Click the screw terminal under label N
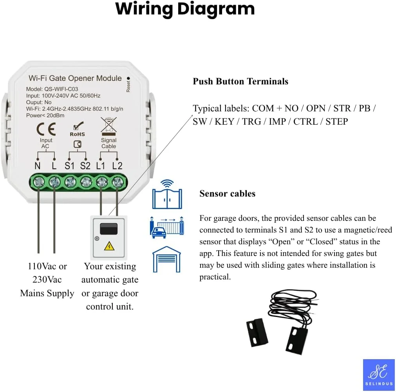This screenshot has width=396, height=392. (39, 182)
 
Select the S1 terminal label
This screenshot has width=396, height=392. (69, 165)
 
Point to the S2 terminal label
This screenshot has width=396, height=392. (85, 165)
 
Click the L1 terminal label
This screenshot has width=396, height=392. (101, 165)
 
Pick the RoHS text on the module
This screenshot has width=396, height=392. (77, 134)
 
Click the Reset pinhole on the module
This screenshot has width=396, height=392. (128, 78)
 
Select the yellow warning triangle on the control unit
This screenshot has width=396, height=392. (108, 246)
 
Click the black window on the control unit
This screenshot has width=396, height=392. (108, 228)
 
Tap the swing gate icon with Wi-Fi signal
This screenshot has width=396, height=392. (167, 195)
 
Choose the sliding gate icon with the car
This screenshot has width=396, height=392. (167, 227)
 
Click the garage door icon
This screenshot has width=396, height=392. (166, 260)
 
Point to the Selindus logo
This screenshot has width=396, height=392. (378, 374)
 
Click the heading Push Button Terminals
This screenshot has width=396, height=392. (240, 81)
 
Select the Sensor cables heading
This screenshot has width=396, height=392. (227, 193)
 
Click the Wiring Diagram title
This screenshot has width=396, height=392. (185, 9)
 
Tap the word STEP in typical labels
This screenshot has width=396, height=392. (336, 122)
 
